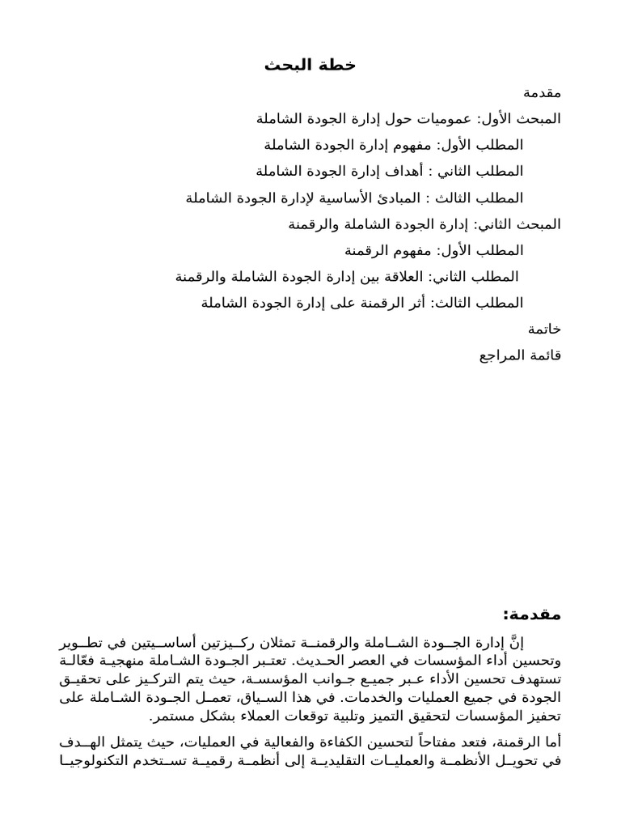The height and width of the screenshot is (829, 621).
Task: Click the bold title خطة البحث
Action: pos(310,66)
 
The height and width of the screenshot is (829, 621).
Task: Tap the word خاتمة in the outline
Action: pos(544,329)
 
